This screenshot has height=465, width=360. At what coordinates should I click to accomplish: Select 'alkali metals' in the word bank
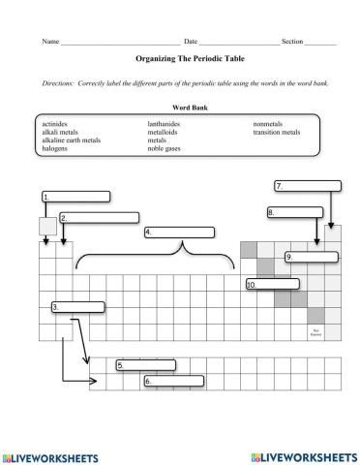click(x=60, y=133)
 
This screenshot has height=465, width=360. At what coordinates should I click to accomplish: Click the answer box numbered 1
click(x=76, y=197)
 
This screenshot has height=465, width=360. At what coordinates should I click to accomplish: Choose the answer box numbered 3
click(x=76, y=307)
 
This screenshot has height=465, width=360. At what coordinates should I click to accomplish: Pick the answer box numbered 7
click(x=309, y=186)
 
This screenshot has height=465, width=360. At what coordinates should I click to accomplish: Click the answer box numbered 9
click(x=311, y=257)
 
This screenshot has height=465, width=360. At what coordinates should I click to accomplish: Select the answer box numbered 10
click(x=274, y=286)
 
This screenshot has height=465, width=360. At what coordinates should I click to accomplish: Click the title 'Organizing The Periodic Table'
click(x=180, y=58)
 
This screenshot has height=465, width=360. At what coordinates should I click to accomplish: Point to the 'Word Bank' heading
click(x=180, y=108)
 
